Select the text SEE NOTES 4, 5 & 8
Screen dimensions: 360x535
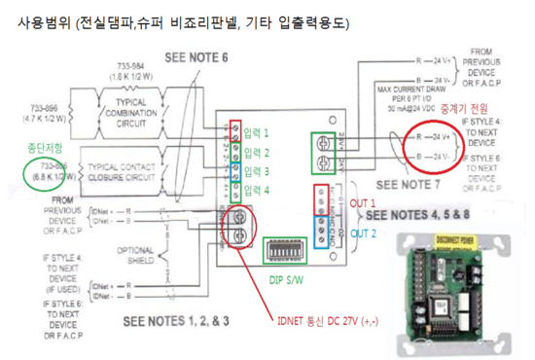420,213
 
